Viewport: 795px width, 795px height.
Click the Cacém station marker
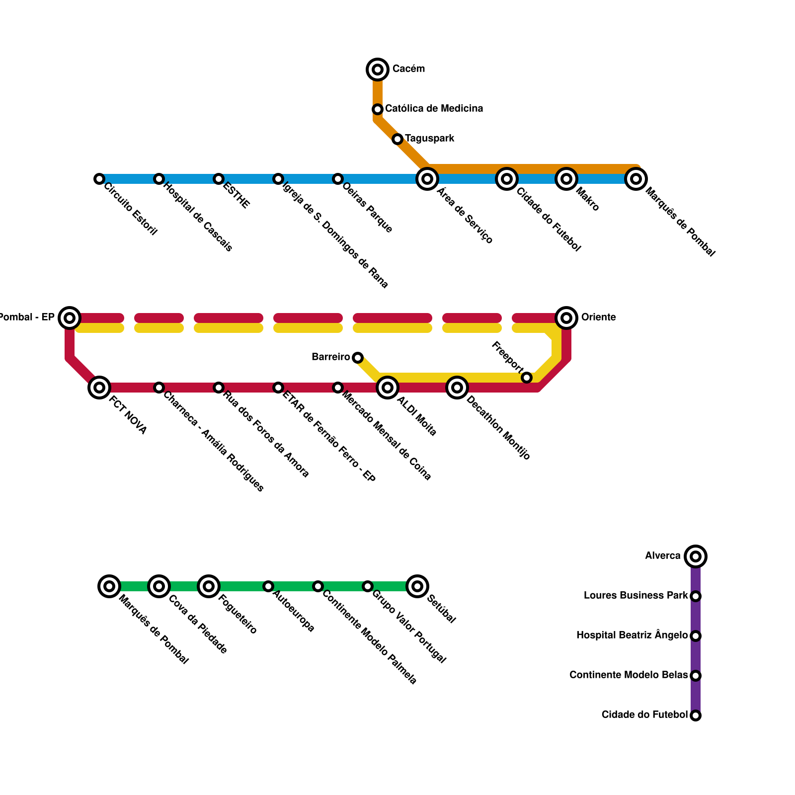378,70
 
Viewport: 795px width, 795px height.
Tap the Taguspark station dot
397,139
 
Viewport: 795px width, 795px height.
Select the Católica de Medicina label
434,109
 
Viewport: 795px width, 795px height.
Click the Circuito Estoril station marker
99,179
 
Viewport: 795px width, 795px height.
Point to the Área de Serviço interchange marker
427,179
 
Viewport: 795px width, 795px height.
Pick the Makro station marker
566,179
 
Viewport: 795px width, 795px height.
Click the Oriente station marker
566,318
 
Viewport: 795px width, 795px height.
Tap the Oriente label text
598,318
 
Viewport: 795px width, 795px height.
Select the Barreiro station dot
358,358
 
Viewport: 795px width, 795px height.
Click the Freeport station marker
527,378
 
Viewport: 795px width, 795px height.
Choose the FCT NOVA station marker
99,388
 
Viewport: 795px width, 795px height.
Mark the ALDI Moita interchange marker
388,388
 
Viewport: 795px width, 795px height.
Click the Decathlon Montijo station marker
457,388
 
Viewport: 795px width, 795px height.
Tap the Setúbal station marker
417,586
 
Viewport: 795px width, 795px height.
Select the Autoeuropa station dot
268,586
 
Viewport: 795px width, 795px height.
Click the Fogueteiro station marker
209,586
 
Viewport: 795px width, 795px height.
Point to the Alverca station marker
696,556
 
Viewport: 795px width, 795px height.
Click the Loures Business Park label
636,596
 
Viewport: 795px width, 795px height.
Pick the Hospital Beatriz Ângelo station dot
696,636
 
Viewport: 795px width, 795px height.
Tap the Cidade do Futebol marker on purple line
696,715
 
